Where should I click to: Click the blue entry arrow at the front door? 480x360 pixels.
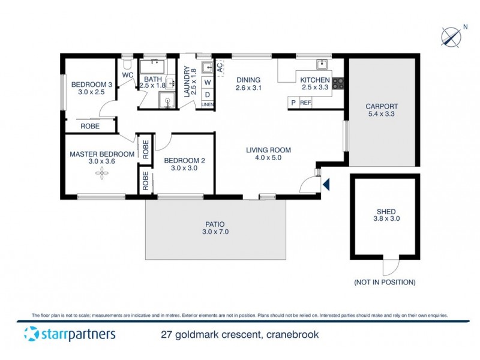326,184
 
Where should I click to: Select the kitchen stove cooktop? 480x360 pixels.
338,83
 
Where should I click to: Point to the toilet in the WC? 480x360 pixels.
127,62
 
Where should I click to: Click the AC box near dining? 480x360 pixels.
220,67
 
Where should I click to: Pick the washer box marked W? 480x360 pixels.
207,82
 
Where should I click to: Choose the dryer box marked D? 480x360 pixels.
207,94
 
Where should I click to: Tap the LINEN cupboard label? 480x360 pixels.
207,104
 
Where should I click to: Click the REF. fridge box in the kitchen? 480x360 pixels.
306,103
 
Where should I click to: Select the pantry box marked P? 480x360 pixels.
293,103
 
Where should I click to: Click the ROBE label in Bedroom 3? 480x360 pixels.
90,127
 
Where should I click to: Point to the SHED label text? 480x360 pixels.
386,211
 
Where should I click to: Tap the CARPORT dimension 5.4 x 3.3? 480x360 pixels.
382,115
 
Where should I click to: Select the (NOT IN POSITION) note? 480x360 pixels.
385,282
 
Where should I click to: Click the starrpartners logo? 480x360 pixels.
70,334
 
